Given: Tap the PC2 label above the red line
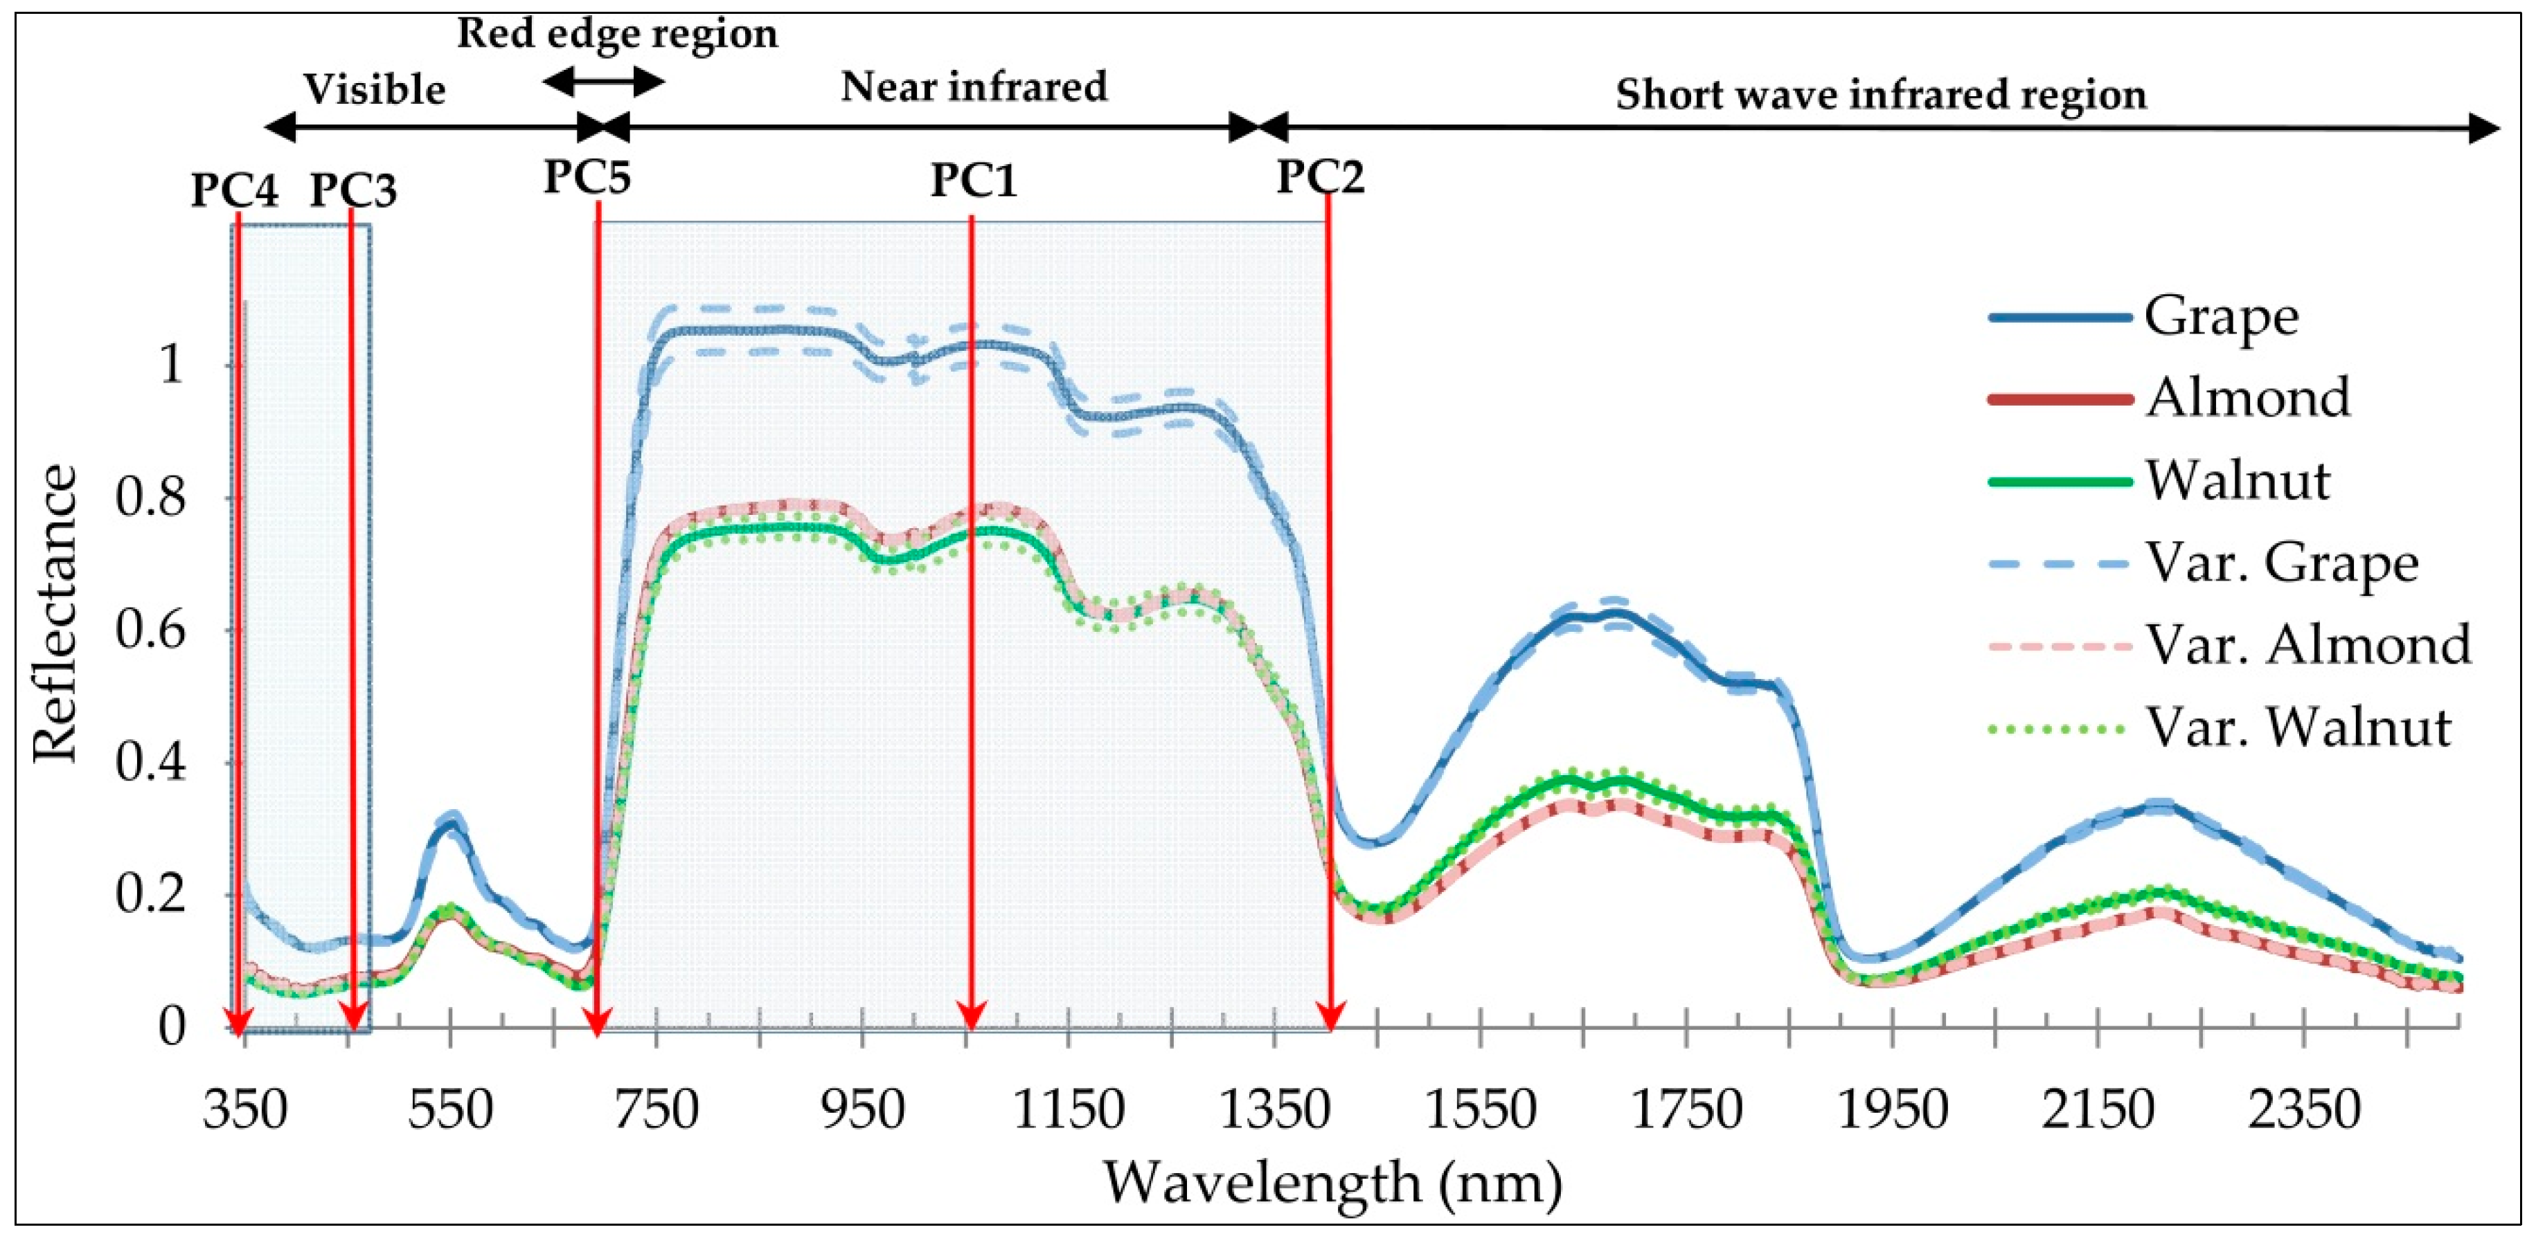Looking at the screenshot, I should [1320, 178].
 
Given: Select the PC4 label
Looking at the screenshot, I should [234, 190].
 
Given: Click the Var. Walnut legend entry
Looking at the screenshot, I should [2298, 728].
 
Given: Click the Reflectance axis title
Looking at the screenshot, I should [55, 614].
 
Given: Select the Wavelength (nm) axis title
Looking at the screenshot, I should [1332, 1182].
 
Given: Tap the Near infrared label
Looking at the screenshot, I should [974, 87].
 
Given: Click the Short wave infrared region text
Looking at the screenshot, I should [1880, 96].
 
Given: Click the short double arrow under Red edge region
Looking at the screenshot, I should [603, 82].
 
